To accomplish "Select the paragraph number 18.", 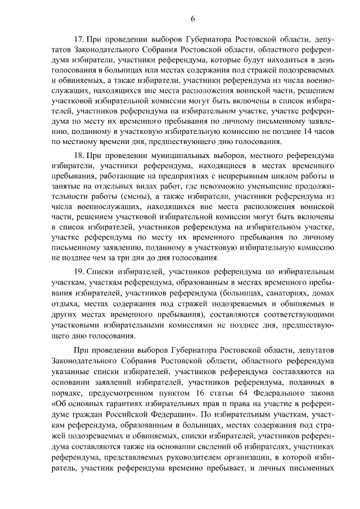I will coord(79,154).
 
